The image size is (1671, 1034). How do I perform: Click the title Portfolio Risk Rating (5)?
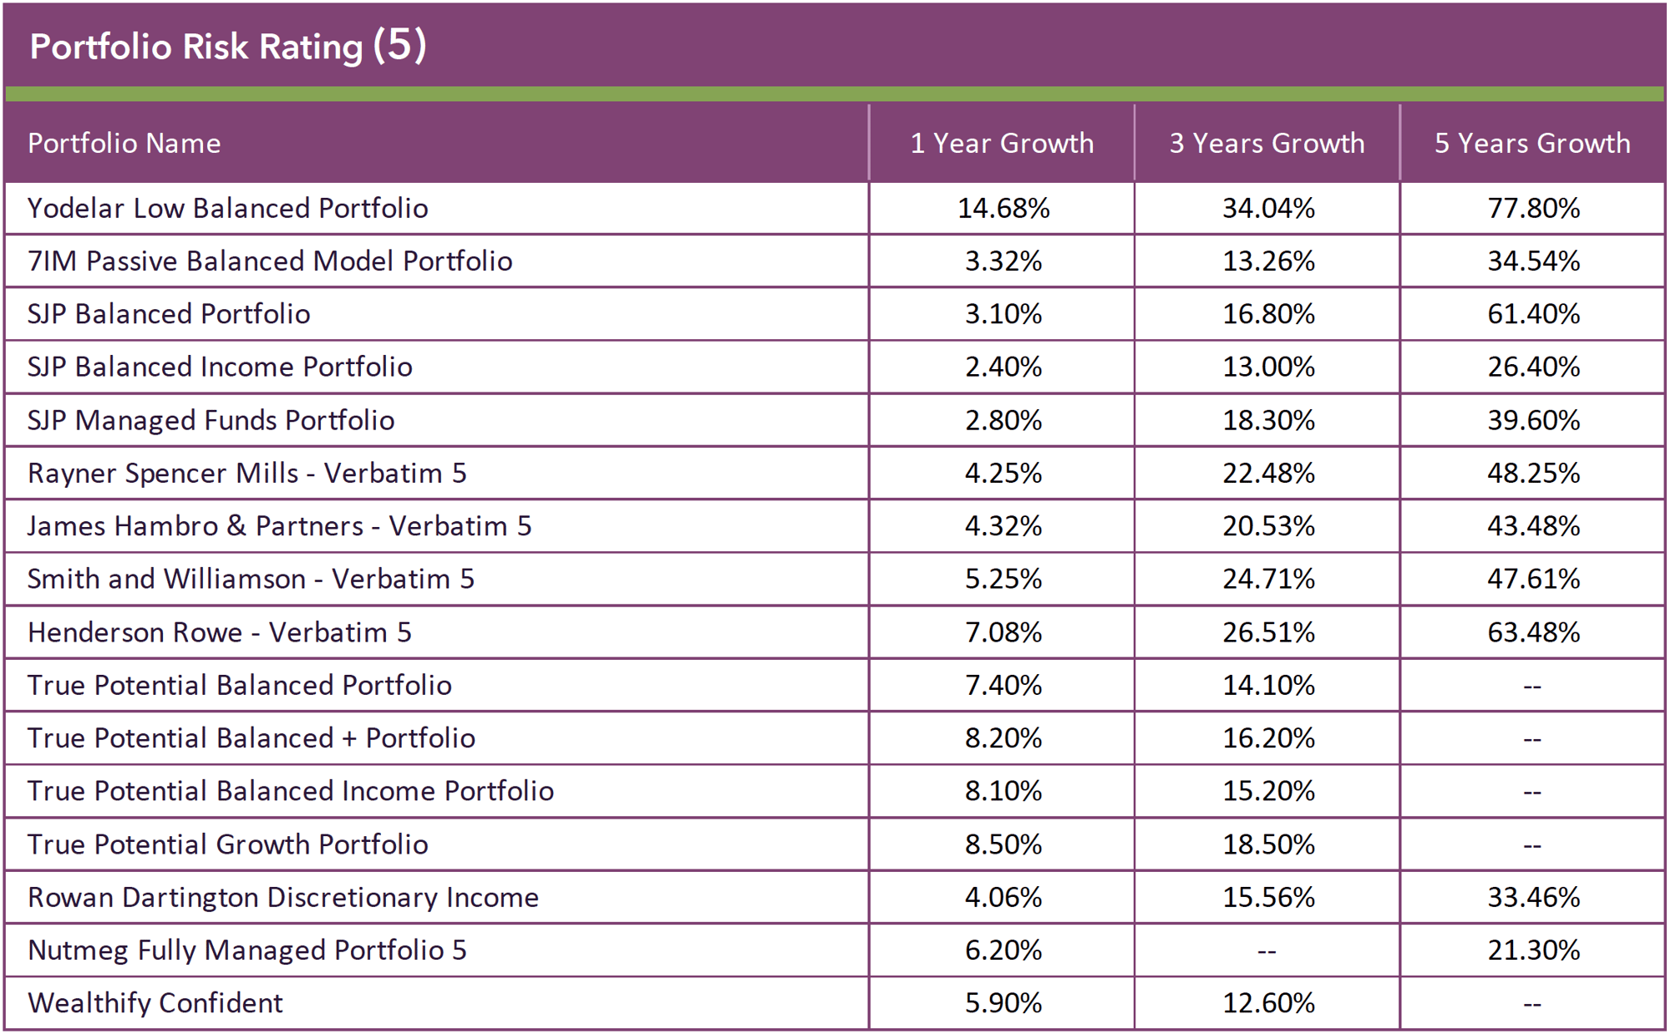(227, 46)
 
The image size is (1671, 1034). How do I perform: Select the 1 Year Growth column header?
(1002, 144)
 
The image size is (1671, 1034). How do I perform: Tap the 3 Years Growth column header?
(1267, 144)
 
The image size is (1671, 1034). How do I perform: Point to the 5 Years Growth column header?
(1532, 144)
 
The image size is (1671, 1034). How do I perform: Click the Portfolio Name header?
(124, 144)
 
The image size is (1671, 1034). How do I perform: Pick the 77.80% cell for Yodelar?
(1533, 208)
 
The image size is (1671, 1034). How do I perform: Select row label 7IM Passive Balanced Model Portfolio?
(270, 261)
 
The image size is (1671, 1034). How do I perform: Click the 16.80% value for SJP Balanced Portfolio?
(1268, 314)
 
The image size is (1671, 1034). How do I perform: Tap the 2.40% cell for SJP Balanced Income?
(1003, 367)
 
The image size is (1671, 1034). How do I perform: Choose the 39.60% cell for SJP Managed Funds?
(1533, 420)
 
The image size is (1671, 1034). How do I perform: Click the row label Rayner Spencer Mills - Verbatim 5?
(247, 474)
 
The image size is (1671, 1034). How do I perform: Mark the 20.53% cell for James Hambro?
(1268, 526)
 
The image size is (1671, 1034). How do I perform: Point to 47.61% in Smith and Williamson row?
(1533, 579)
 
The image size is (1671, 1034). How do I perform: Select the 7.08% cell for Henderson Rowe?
(1003, 632)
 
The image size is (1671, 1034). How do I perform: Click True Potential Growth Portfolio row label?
(227, 844)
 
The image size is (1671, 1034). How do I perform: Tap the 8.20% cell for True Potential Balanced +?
(1003, 738)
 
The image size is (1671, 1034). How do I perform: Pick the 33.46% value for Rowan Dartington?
(1533, 897)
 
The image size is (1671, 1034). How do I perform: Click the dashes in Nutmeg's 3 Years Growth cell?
(1267, 951)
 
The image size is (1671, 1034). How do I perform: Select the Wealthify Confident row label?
(155, 1003)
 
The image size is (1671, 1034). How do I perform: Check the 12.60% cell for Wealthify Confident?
(1268, 1003)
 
